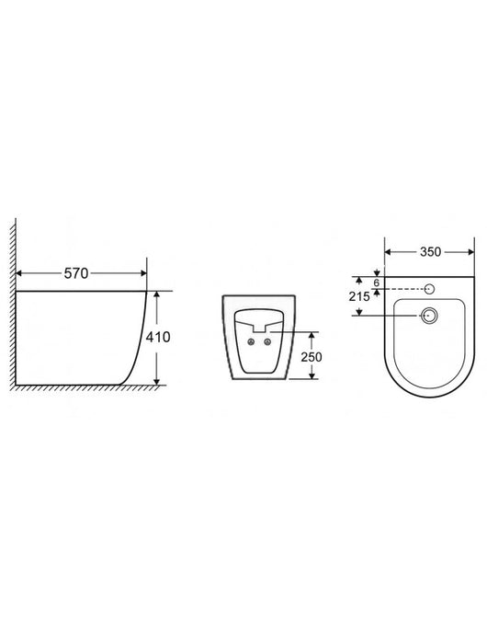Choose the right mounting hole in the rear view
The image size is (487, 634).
pos(267,343)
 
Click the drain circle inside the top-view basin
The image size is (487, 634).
pos(427,315)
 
